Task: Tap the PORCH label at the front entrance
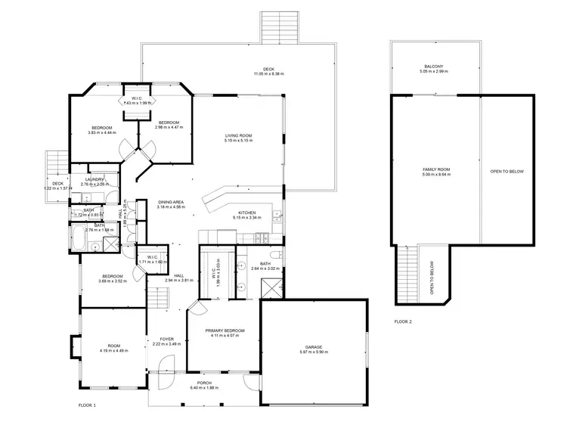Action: (204, 383)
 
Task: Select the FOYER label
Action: (166, 339)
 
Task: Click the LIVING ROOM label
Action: (238, 135)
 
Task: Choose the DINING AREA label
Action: (171, 202)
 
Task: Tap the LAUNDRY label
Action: (94, 179)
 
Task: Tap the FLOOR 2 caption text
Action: (403, 321)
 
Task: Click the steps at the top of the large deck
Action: (280, 27)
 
